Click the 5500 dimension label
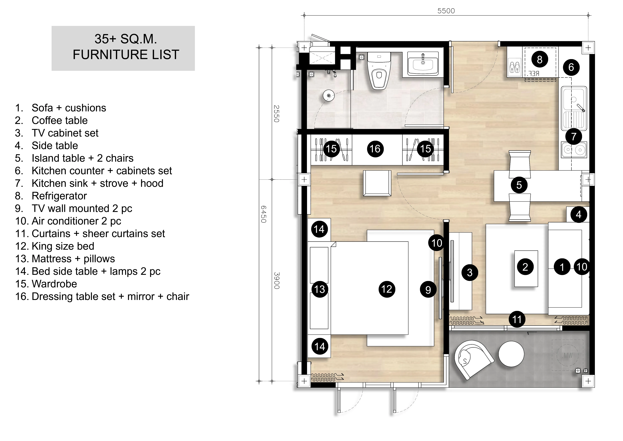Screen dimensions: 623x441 [446, 11]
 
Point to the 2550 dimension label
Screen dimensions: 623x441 [276, 114]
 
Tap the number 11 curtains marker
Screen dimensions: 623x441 [517, 319]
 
